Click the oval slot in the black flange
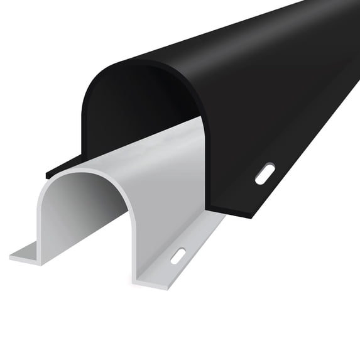pyautogui.click(x=265, y=173)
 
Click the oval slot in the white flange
pyautogui.click(x=178, y=256)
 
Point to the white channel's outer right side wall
pyautogui.click(x=170, y=188)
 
